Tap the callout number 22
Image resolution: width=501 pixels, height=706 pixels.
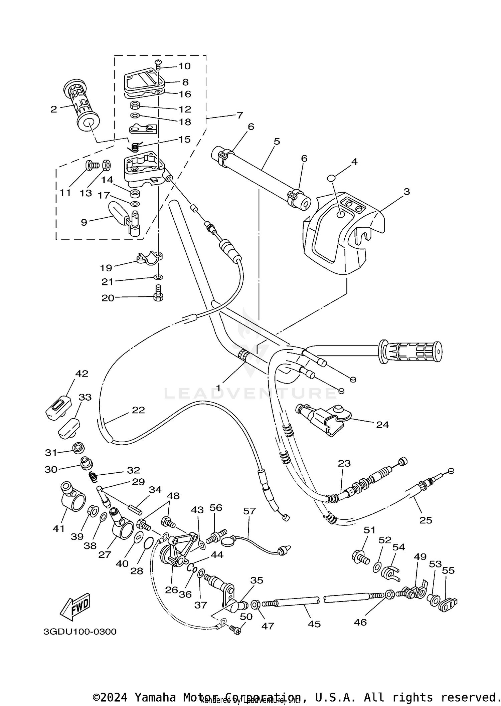tap(138, 410)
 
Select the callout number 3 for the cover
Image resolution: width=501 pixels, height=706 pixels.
tap(406, 192)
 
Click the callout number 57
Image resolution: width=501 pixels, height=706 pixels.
tap(249, 511)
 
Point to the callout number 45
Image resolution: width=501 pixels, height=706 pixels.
tap(314, 624)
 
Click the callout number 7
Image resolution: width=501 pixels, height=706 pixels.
tap(240, 115)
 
